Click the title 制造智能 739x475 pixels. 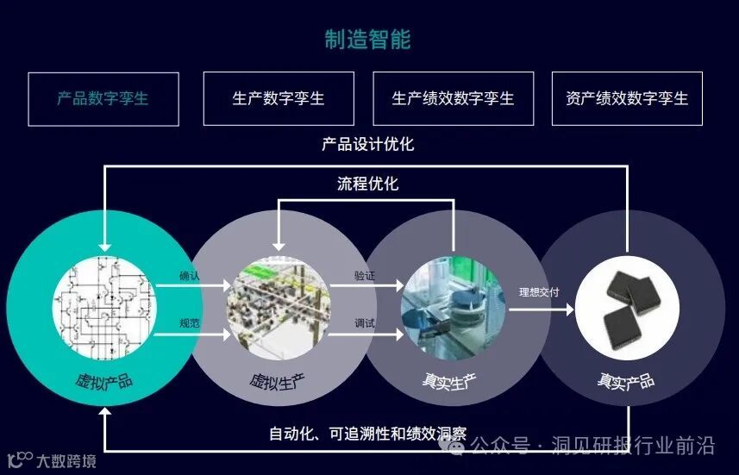click(x=368, y=39)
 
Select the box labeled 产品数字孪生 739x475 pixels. click(x=103, y=98)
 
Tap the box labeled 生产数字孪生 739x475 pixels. click(x=279, y=98)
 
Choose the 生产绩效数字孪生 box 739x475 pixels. click(x=453, y=98)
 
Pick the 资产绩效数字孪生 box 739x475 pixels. click(x=627, y=98)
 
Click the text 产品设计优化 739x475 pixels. click(x=368, y=144)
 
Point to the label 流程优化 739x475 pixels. click(x=368, y=184)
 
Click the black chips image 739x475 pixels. click(x=627, y=307)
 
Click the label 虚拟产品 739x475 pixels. click(x=104, y=379)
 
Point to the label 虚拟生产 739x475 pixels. click(x=278, y=379)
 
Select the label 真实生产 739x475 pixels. click(x=451, y=379)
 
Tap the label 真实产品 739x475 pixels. click(x=626, y=379)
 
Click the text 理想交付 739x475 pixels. click(x=539, y=292)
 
